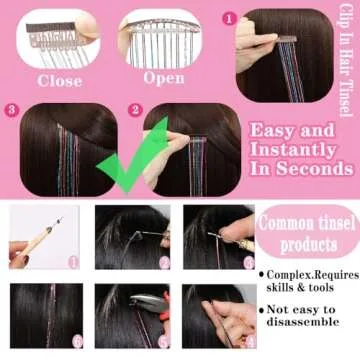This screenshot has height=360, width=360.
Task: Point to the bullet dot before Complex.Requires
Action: pyautogui.click(x=262, y=274)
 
